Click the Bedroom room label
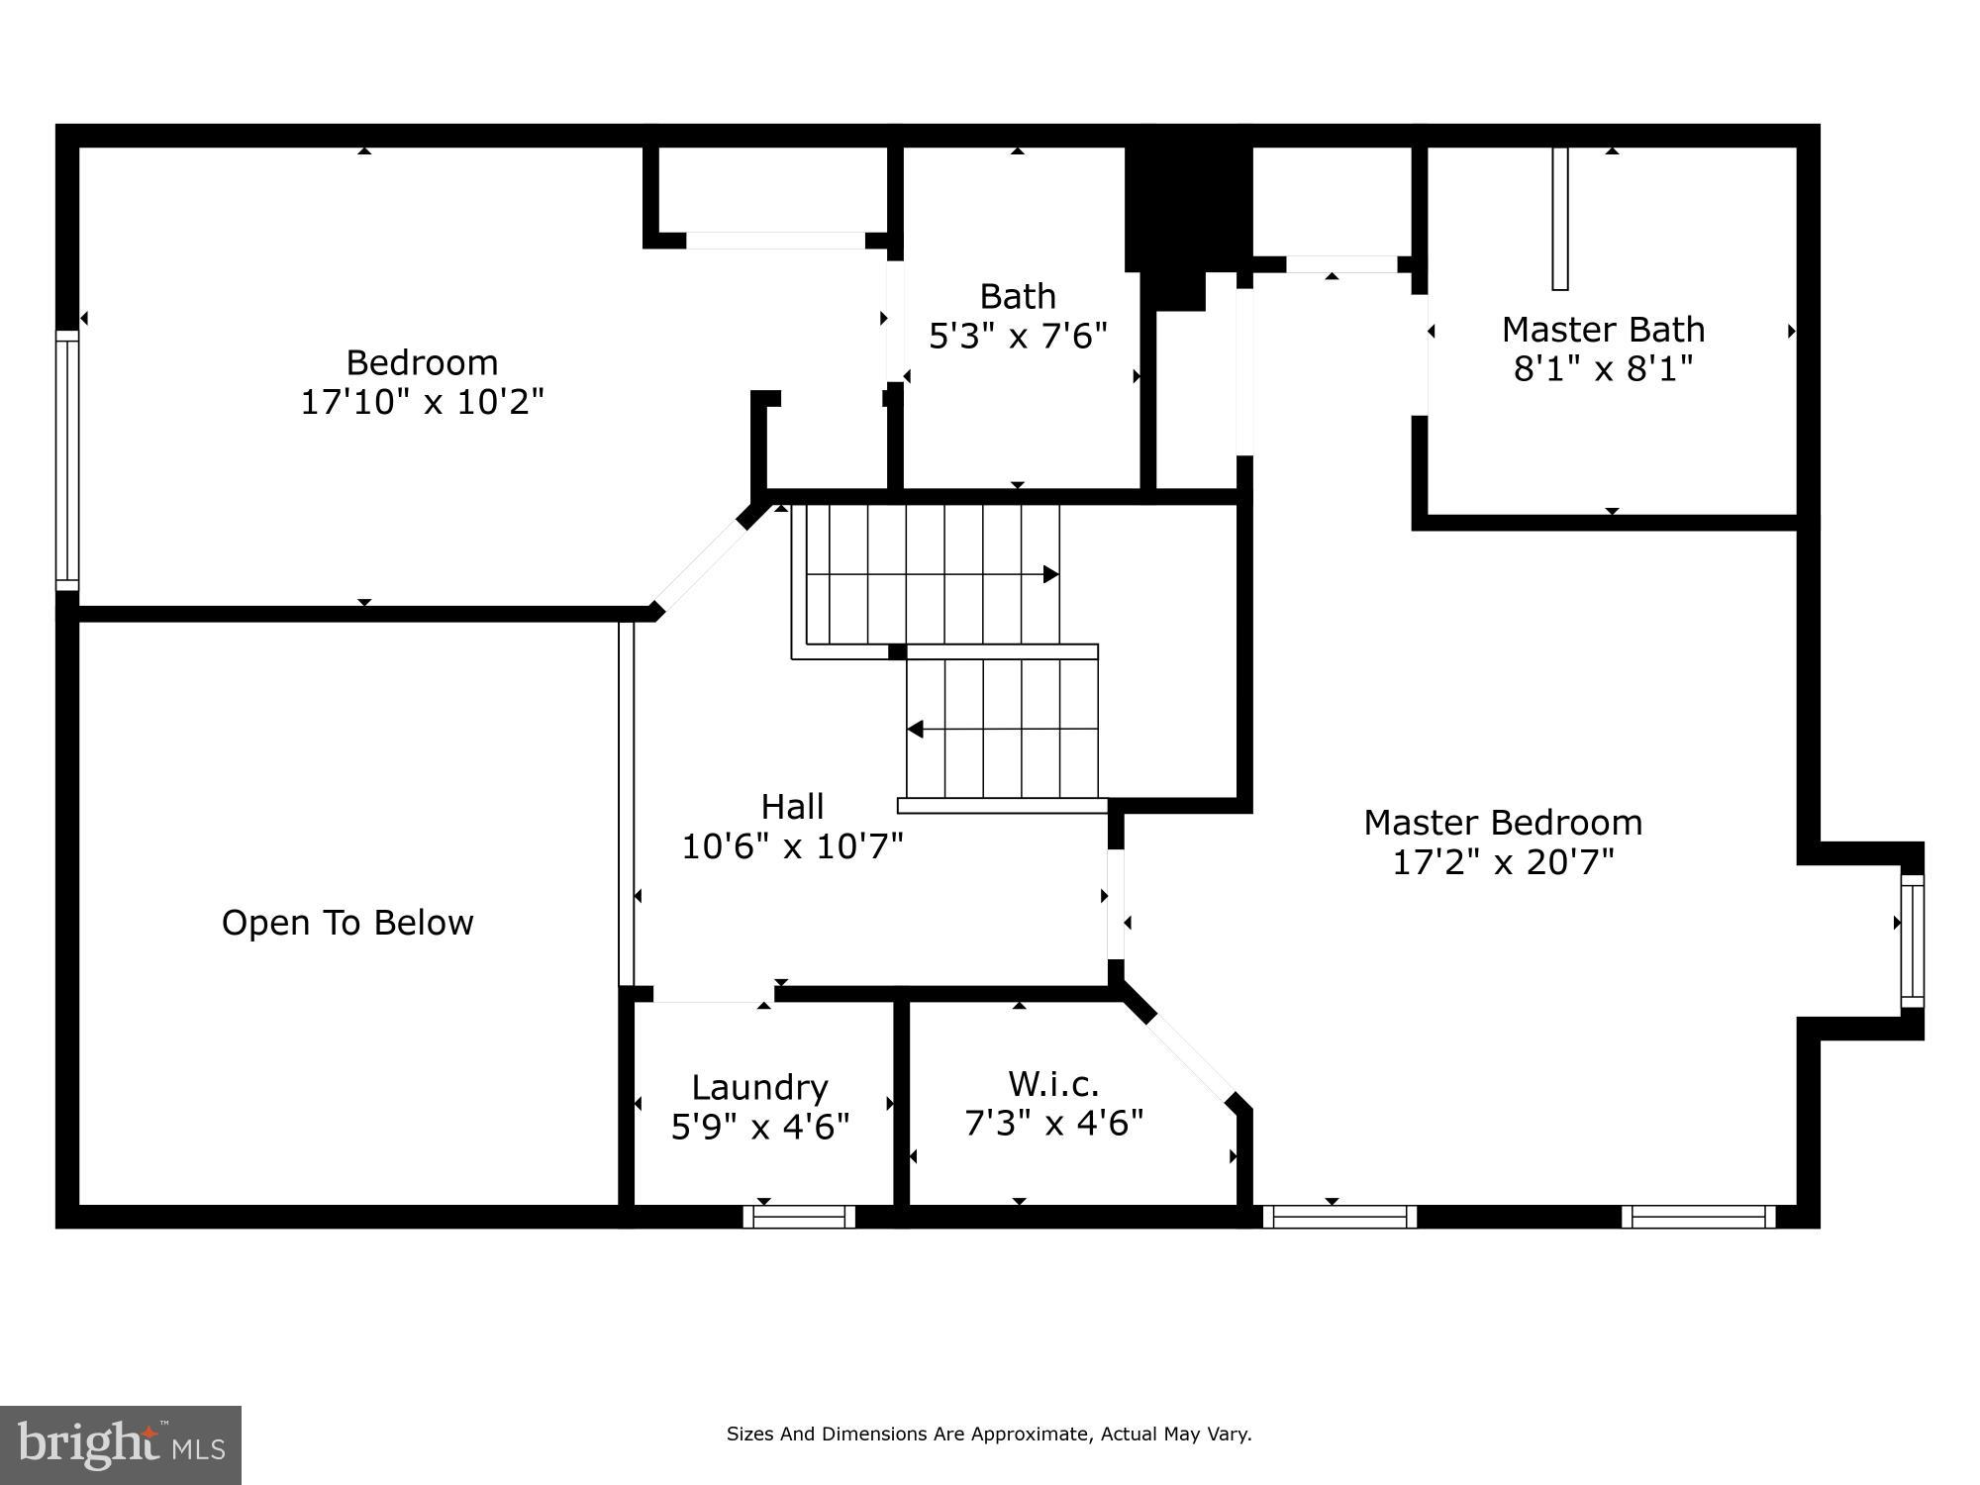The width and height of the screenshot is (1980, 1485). [x=422, y=362]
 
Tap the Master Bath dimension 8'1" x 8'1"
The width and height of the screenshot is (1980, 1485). [x=1603, y=369]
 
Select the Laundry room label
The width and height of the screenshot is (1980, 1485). [x=759, y=1087]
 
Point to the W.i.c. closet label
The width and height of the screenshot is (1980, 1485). [x=1053, y=1083]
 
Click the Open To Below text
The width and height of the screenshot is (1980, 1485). [x=347, y=923]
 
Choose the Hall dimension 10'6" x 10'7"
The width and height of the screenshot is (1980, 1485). [x=792, y=846]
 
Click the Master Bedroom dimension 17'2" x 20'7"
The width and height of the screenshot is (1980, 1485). [x=1502, y=862]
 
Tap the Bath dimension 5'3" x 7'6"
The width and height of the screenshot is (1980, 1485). [x=1017, y=337]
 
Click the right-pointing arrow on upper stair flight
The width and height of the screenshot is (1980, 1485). [x=1050, y=574]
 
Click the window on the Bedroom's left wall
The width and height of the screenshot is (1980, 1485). [x=66, y=460]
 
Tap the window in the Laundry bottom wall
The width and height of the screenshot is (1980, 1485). [x=799, y=1217]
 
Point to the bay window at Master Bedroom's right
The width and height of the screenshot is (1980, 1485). [x=1912, y=940]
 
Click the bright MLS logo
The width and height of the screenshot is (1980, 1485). [x=120, y=1444]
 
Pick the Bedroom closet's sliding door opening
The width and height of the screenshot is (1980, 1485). [x=776, y=241]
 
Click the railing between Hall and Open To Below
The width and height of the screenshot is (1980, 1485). [x=626, y=802]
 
